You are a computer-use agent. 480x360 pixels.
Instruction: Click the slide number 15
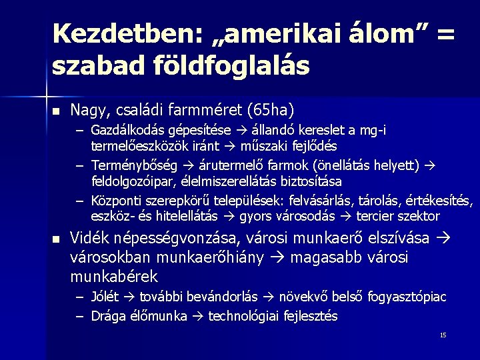(443, 335)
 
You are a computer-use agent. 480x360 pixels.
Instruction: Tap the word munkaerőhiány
(216, 257)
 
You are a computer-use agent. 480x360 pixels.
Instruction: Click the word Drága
(109, 316)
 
